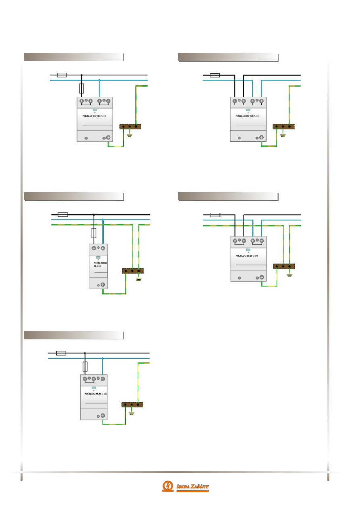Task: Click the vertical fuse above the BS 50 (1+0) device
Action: [94, 233]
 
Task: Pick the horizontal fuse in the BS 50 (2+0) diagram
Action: [215, 215]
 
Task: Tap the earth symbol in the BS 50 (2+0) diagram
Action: [289, 276]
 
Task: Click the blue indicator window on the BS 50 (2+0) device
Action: [248, 250]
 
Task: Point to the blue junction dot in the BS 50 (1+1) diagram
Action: [103, 358]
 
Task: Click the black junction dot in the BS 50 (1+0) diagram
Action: [94, 215]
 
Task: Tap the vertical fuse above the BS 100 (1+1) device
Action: [82, 89]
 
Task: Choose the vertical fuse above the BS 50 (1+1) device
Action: [85, 366]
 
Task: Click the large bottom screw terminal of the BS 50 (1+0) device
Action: [103, 285]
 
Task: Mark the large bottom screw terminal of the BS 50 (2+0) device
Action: [261, 278]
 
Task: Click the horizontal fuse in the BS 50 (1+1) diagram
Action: [61, 353]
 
